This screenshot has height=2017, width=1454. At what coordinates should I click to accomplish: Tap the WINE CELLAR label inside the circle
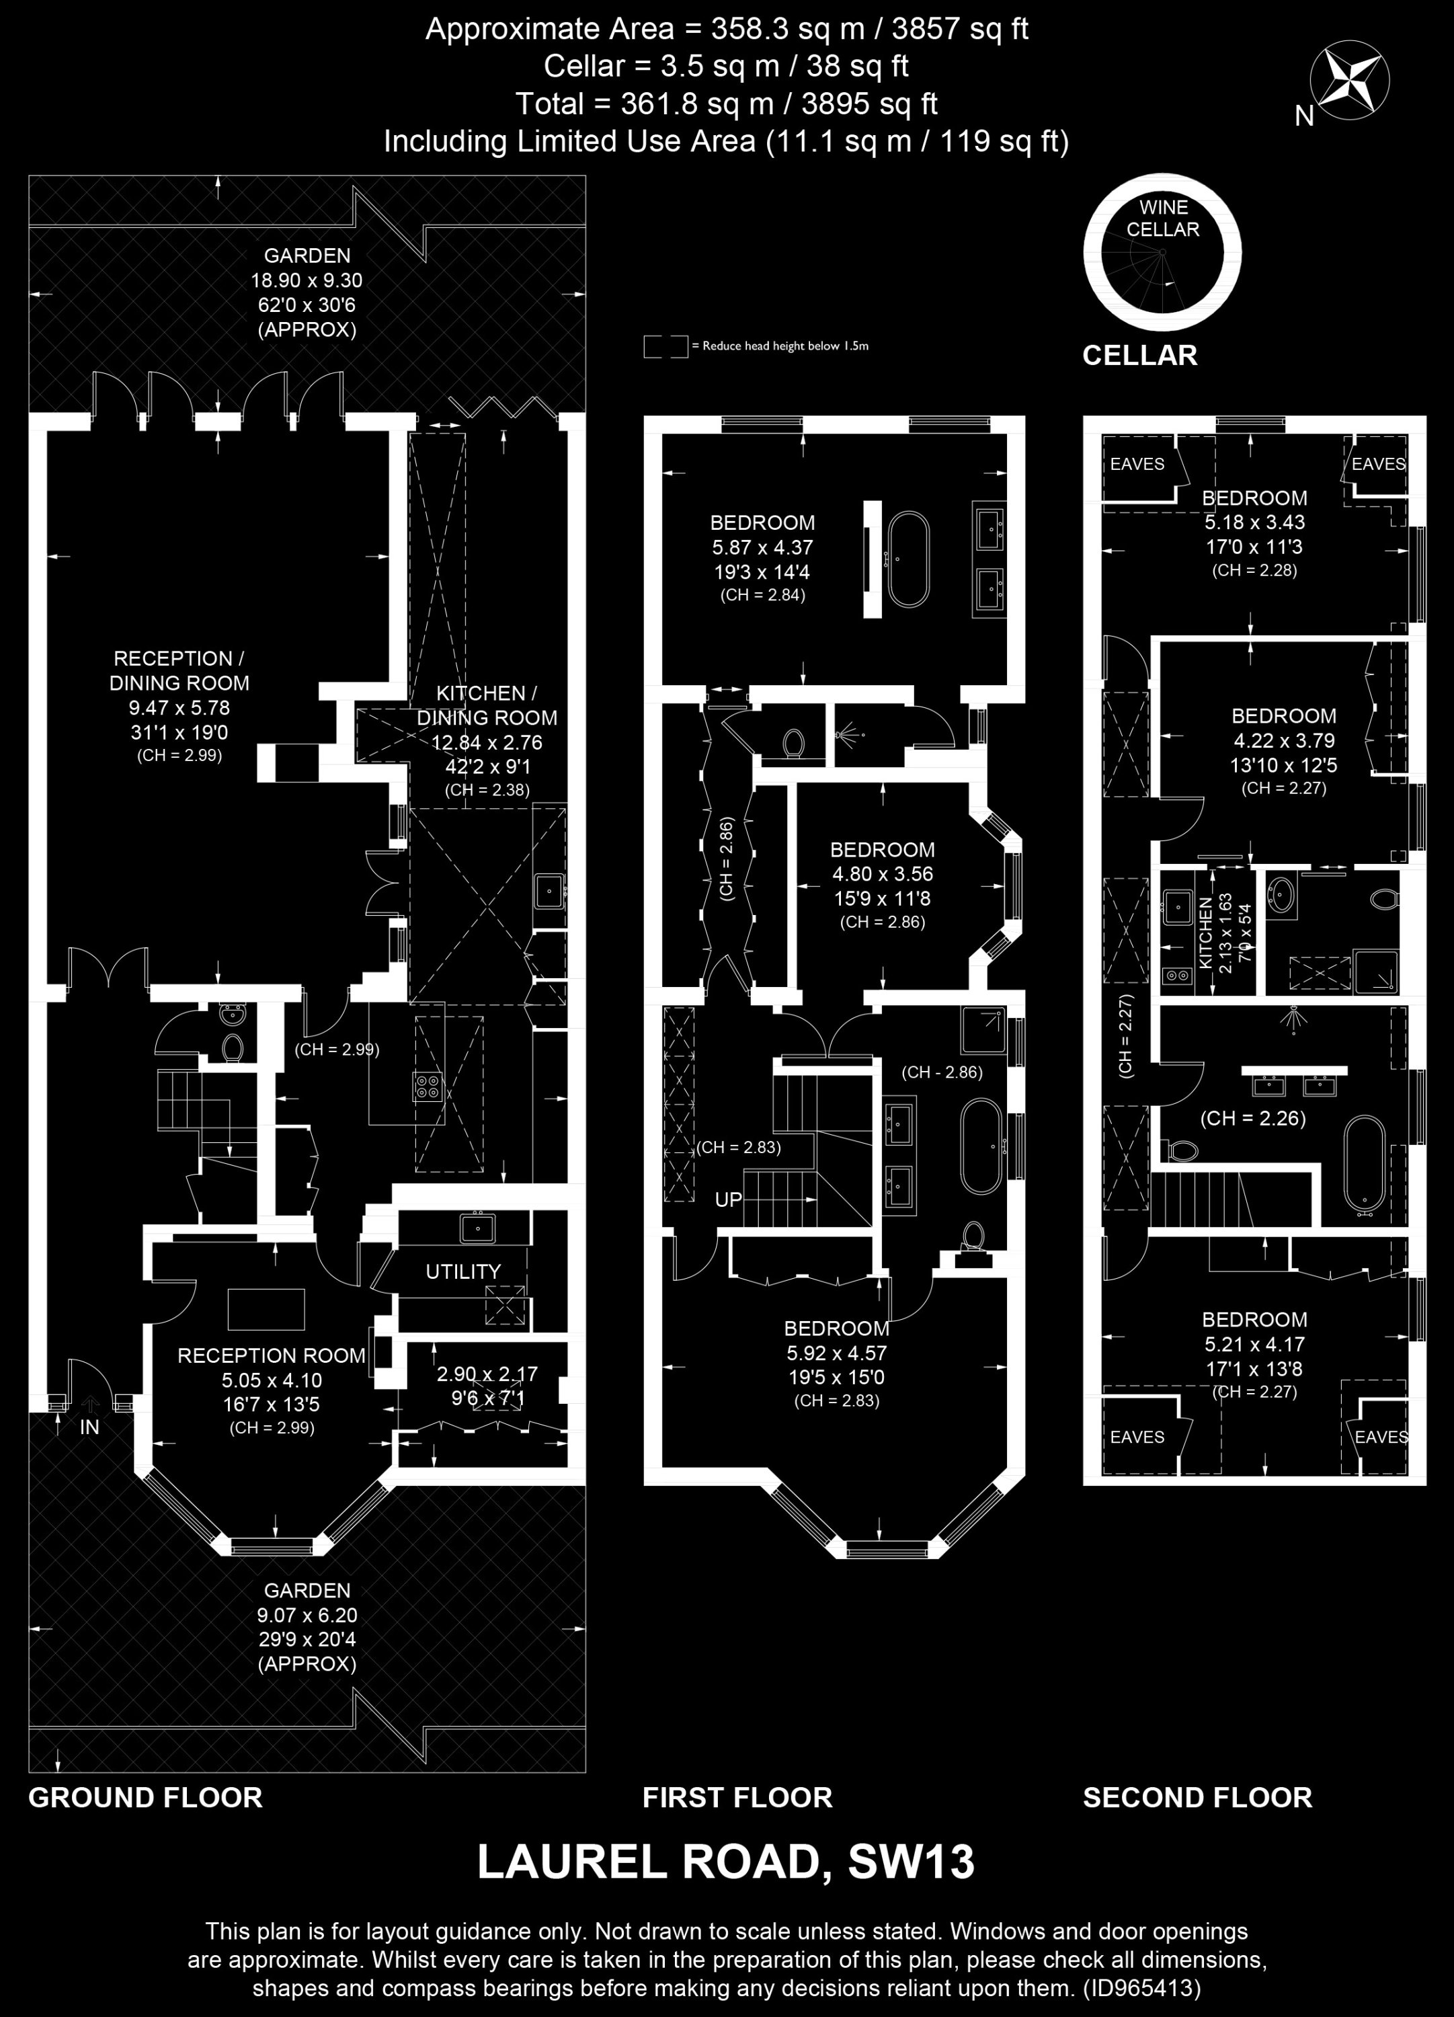pyautogui.click(x=1162, y=218)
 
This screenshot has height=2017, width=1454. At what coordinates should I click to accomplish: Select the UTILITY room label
pyautogui.click(x=462, y=1272)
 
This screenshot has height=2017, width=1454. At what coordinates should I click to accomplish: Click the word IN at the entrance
pyautogui.click(x=90, y=1427)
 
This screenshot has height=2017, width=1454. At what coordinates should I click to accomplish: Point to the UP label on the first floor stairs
pyautogui.click(x=728, y=1199)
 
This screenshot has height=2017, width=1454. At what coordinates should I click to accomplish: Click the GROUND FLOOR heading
pyautogui.click(x=146, y=1797)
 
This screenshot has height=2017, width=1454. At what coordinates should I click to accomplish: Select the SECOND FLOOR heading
pyautogui.click(x=1197, y=1797)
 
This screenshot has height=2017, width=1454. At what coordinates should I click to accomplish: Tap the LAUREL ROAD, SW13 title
pyautogui.click(x=726, y=1862)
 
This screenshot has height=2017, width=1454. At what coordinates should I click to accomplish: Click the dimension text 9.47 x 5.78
pyautogui.click(x=179, y=708)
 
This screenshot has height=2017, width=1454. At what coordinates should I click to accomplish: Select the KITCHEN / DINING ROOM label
pyautogui.click(x=487, y=705)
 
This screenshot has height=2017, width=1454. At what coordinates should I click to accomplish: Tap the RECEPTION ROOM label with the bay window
pyautogui.click(x=271, y=1355)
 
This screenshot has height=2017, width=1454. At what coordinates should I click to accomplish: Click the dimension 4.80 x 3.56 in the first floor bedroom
pyautogui.click(x=882, y=874)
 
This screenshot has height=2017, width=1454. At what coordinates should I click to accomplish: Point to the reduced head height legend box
pyautogui.click(x=666, y=346)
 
